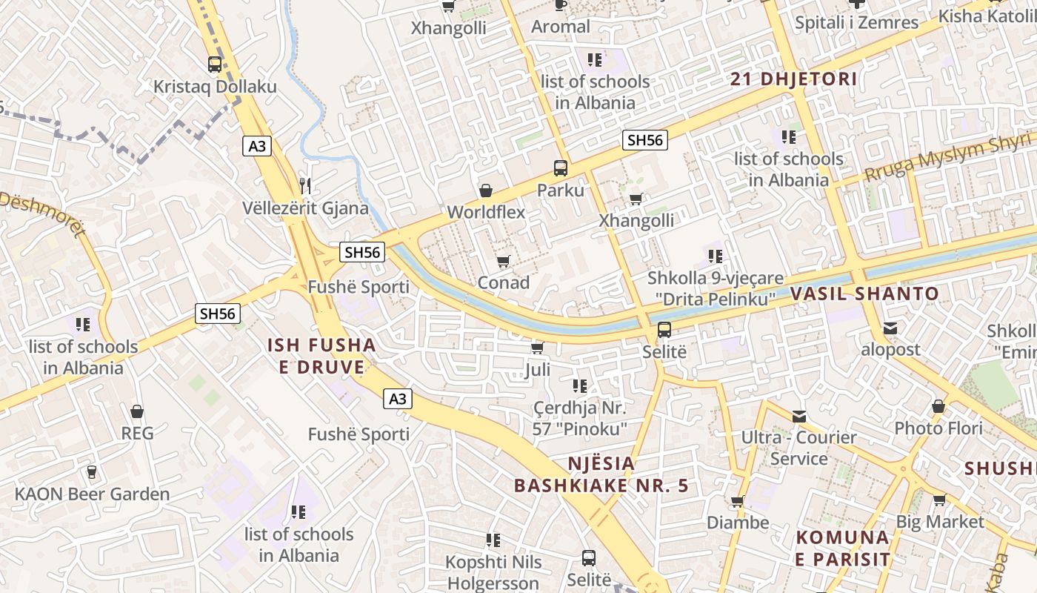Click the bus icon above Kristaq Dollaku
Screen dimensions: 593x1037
(215, 64)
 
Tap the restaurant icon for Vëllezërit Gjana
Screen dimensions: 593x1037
(305, 185)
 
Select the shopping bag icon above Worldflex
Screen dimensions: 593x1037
(486, 191)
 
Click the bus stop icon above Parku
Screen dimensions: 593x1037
(561, 168)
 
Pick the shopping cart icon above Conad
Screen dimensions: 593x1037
(504, 261)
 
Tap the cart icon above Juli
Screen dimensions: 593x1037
(538, 347)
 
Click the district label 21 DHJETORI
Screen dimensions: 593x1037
(793, 79)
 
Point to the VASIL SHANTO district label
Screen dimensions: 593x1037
(864, 294)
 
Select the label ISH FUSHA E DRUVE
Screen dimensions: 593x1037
(321, 356)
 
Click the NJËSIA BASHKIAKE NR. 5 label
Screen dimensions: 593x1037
(601, 475)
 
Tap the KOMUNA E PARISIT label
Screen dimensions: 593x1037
(842, 548)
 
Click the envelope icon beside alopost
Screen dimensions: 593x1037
(890, 328)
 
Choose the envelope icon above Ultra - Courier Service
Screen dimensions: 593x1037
(798, 416)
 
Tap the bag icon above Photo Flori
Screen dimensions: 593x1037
(938, 406)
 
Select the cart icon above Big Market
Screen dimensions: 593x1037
(939, 500)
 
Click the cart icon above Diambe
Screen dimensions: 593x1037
(737, 501)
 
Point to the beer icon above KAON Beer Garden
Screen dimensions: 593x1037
(92, 471)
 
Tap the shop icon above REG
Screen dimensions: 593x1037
(137, 411)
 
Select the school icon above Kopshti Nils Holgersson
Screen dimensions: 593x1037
(493, 540)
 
